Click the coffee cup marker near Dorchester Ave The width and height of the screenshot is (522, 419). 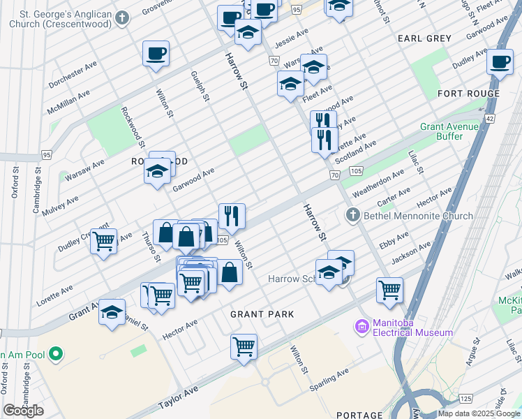(156, 53)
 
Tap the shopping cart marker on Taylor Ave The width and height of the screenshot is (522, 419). (244, 346)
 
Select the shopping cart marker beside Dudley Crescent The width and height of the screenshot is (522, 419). (104, 241)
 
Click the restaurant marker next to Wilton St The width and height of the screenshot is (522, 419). (232, 216)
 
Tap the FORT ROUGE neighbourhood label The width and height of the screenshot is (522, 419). (468, 94)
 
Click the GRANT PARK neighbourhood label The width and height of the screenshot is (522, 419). (262, 314)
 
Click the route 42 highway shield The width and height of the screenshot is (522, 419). (489, 119)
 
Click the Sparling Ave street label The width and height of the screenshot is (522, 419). (333, 376)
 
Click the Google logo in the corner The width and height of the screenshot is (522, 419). (23, 411)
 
